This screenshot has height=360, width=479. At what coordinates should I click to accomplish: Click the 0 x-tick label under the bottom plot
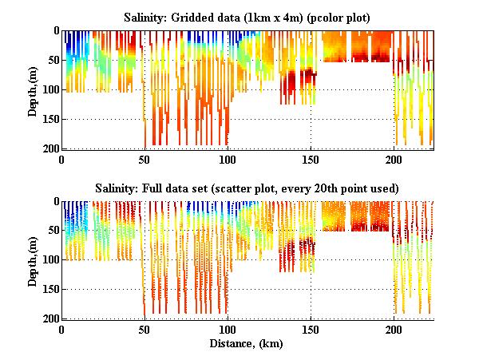coord(62,329)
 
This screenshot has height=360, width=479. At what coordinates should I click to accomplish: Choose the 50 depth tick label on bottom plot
coord(52,231)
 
